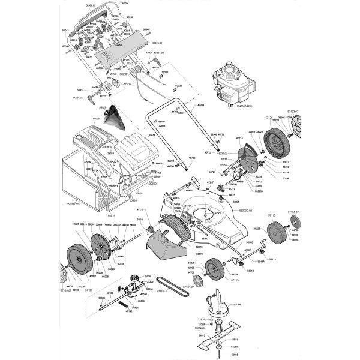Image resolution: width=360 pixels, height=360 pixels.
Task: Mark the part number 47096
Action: [238, 304]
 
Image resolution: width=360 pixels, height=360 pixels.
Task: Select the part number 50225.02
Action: [158, 43]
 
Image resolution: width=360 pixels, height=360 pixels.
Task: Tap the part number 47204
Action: [201, 105]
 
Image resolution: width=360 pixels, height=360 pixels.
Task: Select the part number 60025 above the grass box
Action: [96, 119]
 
